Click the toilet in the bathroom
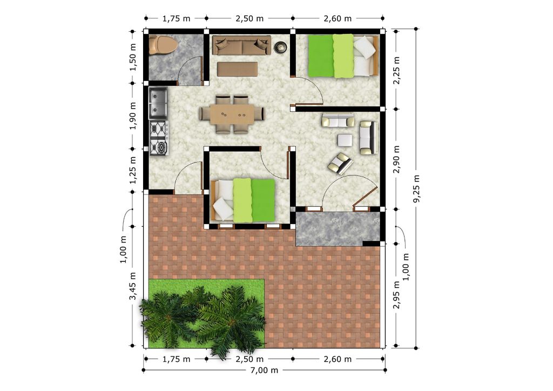click(163, 45)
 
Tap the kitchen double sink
click(158, 103)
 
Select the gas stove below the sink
click(159, 138)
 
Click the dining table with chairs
click(232, 114)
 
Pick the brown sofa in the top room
click(241, 45)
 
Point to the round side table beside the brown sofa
click(281, 47)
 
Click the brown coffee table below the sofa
click(238, 69)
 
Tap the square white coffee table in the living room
click(345, 140)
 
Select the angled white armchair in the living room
click(340, 164)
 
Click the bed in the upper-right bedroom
click(342, 56)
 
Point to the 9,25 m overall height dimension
click(416, 188)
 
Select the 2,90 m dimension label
click(396, 159)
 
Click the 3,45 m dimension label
click(133, 286)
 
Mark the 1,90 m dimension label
click(133, 116)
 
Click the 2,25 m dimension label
click(396, 70)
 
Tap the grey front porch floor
click(338, 229)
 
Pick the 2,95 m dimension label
click(396, 295)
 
